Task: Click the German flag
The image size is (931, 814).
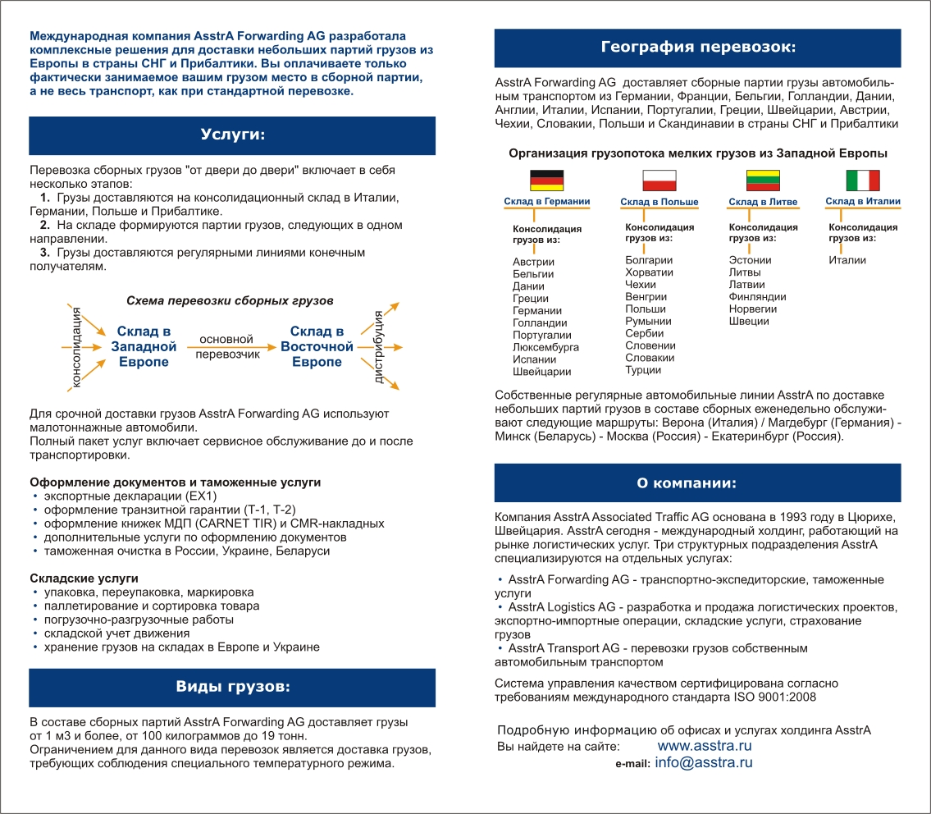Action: (x=546, y=180)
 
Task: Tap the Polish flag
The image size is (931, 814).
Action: (x=659, y=180)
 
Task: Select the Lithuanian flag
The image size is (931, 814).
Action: (x=763, y=180)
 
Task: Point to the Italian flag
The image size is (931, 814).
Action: (x=863, y=180)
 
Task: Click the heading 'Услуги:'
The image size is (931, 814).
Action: (x=233, y=135)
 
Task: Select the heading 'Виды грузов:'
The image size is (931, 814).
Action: (x=233, y=686)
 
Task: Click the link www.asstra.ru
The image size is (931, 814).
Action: (x=705, y=746)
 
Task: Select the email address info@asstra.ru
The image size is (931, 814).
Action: (x=704, y=762)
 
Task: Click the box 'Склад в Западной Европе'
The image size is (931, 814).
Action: (x=144, y=346)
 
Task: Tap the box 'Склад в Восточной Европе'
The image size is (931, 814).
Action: (x=317, y=346)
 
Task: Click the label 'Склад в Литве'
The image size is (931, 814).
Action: (x=763, y=202)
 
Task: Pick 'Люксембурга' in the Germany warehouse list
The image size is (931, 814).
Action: (x=545, y=347)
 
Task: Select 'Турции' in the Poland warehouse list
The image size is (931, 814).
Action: (x=643, y=370)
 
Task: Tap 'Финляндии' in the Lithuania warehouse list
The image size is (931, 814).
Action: (x=757, y=296)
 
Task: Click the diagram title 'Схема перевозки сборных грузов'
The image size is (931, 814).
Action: (x=230, y=301)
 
